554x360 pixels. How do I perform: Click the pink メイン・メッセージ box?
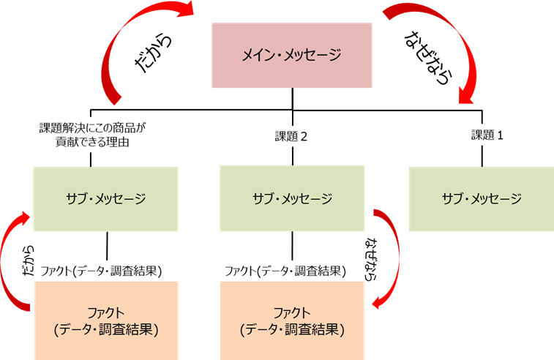[x=292, y=55]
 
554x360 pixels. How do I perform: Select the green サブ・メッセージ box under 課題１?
[x=481, y=198]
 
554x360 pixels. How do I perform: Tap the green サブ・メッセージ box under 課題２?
[x=292, y=198]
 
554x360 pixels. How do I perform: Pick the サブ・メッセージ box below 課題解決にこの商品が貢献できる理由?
[x=107, y=198]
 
